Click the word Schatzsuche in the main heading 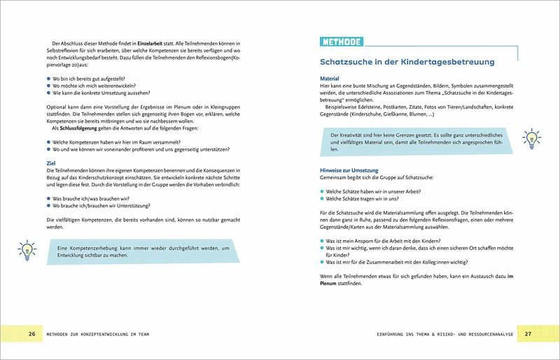349,62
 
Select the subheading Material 329,78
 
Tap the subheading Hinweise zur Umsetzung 349,170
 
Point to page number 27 528,333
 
